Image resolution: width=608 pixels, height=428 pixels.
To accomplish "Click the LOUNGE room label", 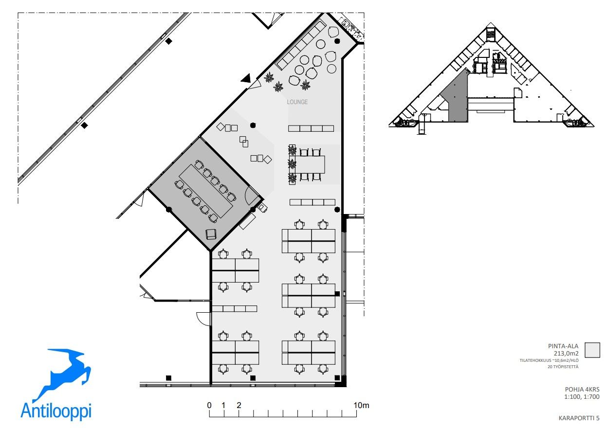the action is (297, 102).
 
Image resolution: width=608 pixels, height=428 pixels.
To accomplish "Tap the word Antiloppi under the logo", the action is (56, 410).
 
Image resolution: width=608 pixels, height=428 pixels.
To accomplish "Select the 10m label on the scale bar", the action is (361, 405).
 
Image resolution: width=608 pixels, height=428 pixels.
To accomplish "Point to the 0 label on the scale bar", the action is (209, 405).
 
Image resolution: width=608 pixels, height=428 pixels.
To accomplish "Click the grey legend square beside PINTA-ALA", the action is (592, 350).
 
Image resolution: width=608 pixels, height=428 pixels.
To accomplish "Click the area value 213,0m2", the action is (566, 354).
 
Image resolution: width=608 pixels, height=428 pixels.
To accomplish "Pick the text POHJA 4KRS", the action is (582, 389).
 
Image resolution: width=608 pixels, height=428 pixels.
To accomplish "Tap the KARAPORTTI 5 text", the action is (579, 418).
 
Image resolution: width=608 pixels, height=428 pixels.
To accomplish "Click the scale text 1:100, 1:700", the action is (582, 396).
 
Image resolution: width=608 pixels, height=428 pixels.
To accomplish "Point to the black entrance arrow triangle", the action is (246, 78).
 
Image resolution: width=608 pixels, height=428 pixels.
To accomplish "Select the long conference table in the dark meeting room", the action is (206, 191).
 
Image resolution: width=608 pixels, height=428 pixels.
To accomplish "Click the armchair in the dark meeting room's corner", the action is (211, 234).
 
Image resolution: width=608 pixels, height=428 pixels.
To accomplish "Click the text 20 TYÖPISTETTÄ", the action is (563, 367).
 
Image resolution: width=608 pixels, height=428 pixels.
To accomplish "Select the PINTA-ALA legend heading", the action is (563, 346).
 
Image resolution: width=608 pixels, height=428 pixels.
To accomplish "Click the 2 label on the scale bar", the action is (239, 405).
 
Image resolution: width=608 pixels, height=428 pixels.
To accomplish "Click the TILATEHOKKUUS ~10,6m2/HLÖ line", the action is (549, 360).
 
